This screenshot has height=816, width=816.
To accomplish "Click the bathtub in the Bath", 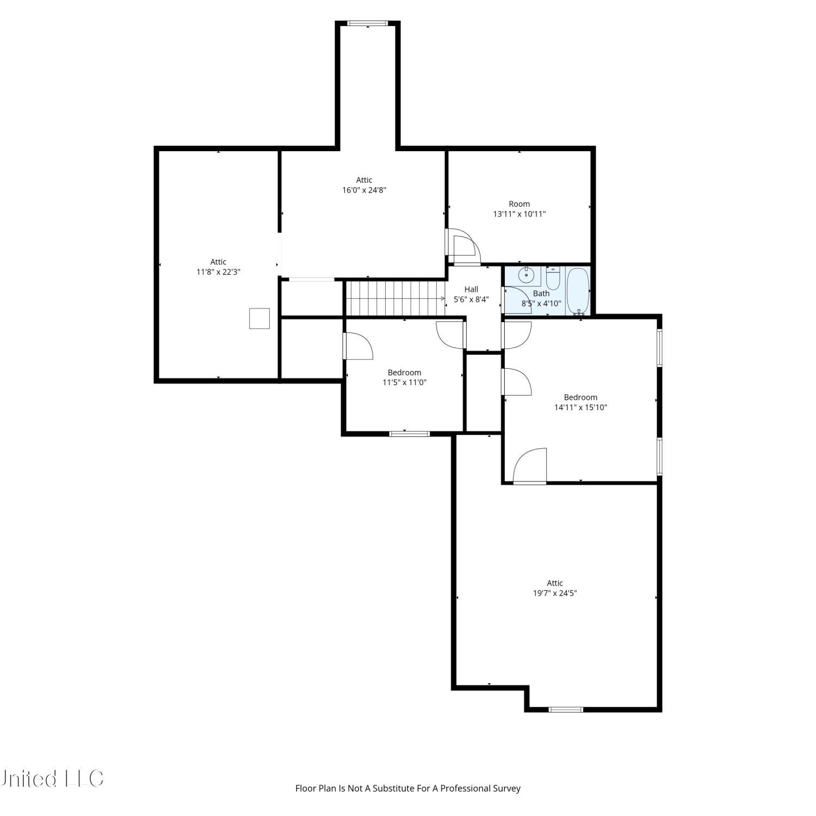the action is [x=578, y=291].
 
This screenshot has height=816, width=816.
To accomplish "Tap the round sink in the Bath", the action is [x=526, y=275].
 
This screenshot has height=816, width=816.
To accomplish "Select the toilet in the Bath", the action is [x=553, y=278].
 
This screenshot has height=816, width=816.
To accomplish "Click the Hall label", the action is [x=471, y=289].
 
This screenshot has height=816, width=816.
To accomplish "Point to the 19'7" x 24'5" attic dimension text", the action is [x=555, y=593].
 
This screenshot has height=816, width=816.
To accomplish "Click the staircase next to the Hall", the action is [x=396, y=298].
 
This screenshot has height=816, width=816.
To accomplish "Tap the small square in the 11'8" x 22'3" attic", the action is [x=259, y=318].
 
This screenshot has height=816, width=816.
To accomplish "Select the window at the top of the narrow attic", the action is [x=368, y=23].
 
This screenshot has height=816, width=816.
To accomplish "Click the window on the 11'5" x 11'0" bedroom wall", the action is [x=410, y=434].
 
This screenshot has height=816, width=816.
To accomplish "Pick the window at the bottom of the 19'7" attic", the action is [x=566, y=709].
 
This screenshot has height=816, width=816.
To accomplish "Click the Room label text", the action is [x=520, y=204].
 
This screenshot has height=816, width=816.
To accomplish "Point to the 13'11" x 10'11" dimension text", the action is [x=520, y=214].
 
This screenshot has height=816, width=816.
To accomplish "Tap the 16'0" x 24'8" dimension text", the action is [x=364, y=190].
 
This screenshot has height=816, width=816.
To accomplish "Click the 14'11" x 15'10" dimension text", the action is [x=580, y=407].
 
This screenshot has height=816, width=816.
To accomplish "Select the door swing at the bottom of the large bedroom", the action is [x=529, y=466].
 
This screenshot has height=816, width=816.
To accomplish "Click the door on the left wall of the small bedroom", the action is [x=357, y=346].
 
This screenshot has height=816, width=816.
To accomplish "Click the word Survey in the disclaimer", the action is [x=507, y=788].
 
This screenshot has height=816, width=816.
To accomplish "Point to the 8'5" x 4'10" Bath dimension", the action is [x=541, y=304].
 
